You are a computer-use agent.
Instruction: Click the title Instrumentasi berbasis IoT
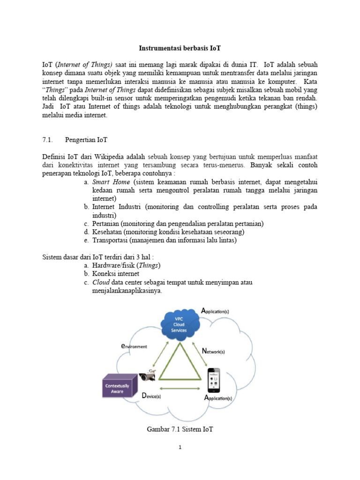click(180, 48)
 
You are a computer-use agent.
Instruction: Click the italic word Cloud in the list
click(101, 282)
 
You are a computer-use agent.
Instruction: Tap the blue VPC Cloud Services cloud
click(180, 323)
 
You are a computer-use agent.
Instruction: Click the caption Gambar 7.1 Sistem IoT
click(180, 429)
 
